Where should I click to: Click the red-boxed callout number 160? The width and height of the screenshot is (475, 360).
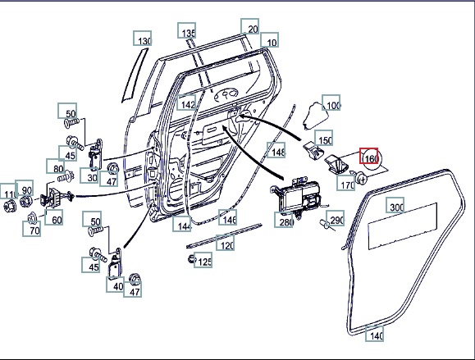[368, 156]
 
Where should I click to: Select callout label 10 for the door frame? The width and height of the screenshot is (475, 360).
[269, 40]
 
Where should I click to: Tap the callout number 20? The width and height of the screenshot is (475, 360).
[250, 26]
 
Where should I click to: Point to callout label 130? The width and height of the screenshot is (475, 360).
[143, 39]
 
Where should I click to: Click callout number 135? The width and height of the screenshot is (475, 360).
[186, 30]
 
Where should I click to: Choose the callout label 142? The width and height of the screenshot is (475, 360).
[186, 102]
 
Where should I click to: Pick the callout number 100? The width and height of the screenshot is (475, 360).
[331, 103]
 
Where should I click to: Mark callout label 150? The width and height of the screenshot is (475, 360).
[323, 138]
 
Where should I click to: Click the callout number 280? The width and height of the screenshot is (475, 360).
[284, 220]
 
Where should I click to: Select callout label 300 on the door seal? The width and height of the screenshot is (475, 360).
[395, 205]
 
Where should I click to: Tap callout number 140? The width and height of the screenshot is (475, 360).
[374, 334]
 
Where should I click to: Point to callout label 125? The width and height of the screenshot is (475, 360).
[203, 260]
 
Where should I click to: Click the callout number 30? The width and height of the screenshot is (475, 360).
[89, 175]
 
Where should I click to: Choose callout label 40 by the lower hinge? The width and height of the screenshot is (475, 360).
[116, 285]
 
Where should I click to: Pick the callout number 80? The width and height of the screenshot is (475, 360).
[56, 166]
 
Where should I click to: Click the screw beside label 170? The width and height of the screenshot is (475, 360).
[360, 178]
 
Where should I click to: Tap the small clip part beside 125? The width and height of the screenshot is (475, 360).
[191, 259]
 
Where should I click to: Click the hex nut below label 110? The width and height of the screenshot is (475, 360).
[9, 206]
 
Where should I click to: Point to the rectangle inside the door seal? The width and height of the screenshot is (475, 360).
[403, 226]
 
